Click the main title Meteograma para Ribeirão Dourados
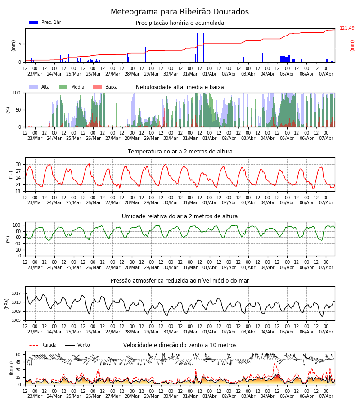click(x=180, y=12)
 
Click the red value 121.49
click(x=347, y=28)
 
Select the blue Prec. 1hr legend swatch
click(x=34, y=22)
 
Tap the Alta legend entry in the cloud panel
click(x=39, y=87)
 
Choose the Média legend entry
click(x=72, y=87)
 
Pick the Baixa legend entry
click(x=105, y=87)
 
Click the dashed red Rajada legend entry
click(x=43, y=345)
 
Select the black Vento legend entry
click(x=77, y=345)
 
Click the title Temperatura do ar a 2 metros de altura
click(x=180, y=152)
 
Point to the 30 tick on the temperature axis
click(x=18, y=165)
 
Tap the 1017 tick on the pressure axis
click(x=16, y=293)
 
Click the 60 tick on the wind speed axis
click(x=18, y=355)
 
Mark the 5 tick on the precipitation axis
click(x=20, y=44)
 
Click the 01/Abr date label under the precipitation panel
click(x=209, y=74)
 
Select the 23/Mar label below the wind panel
click(x=35, y=396)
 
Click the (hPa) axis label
click(x=7, y=304)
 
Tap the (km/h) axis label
click(x=11, y=368)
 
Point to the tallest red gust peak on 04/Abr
click(x=274, y=363)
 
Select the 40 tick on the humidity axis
click(x=18, y=243)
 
